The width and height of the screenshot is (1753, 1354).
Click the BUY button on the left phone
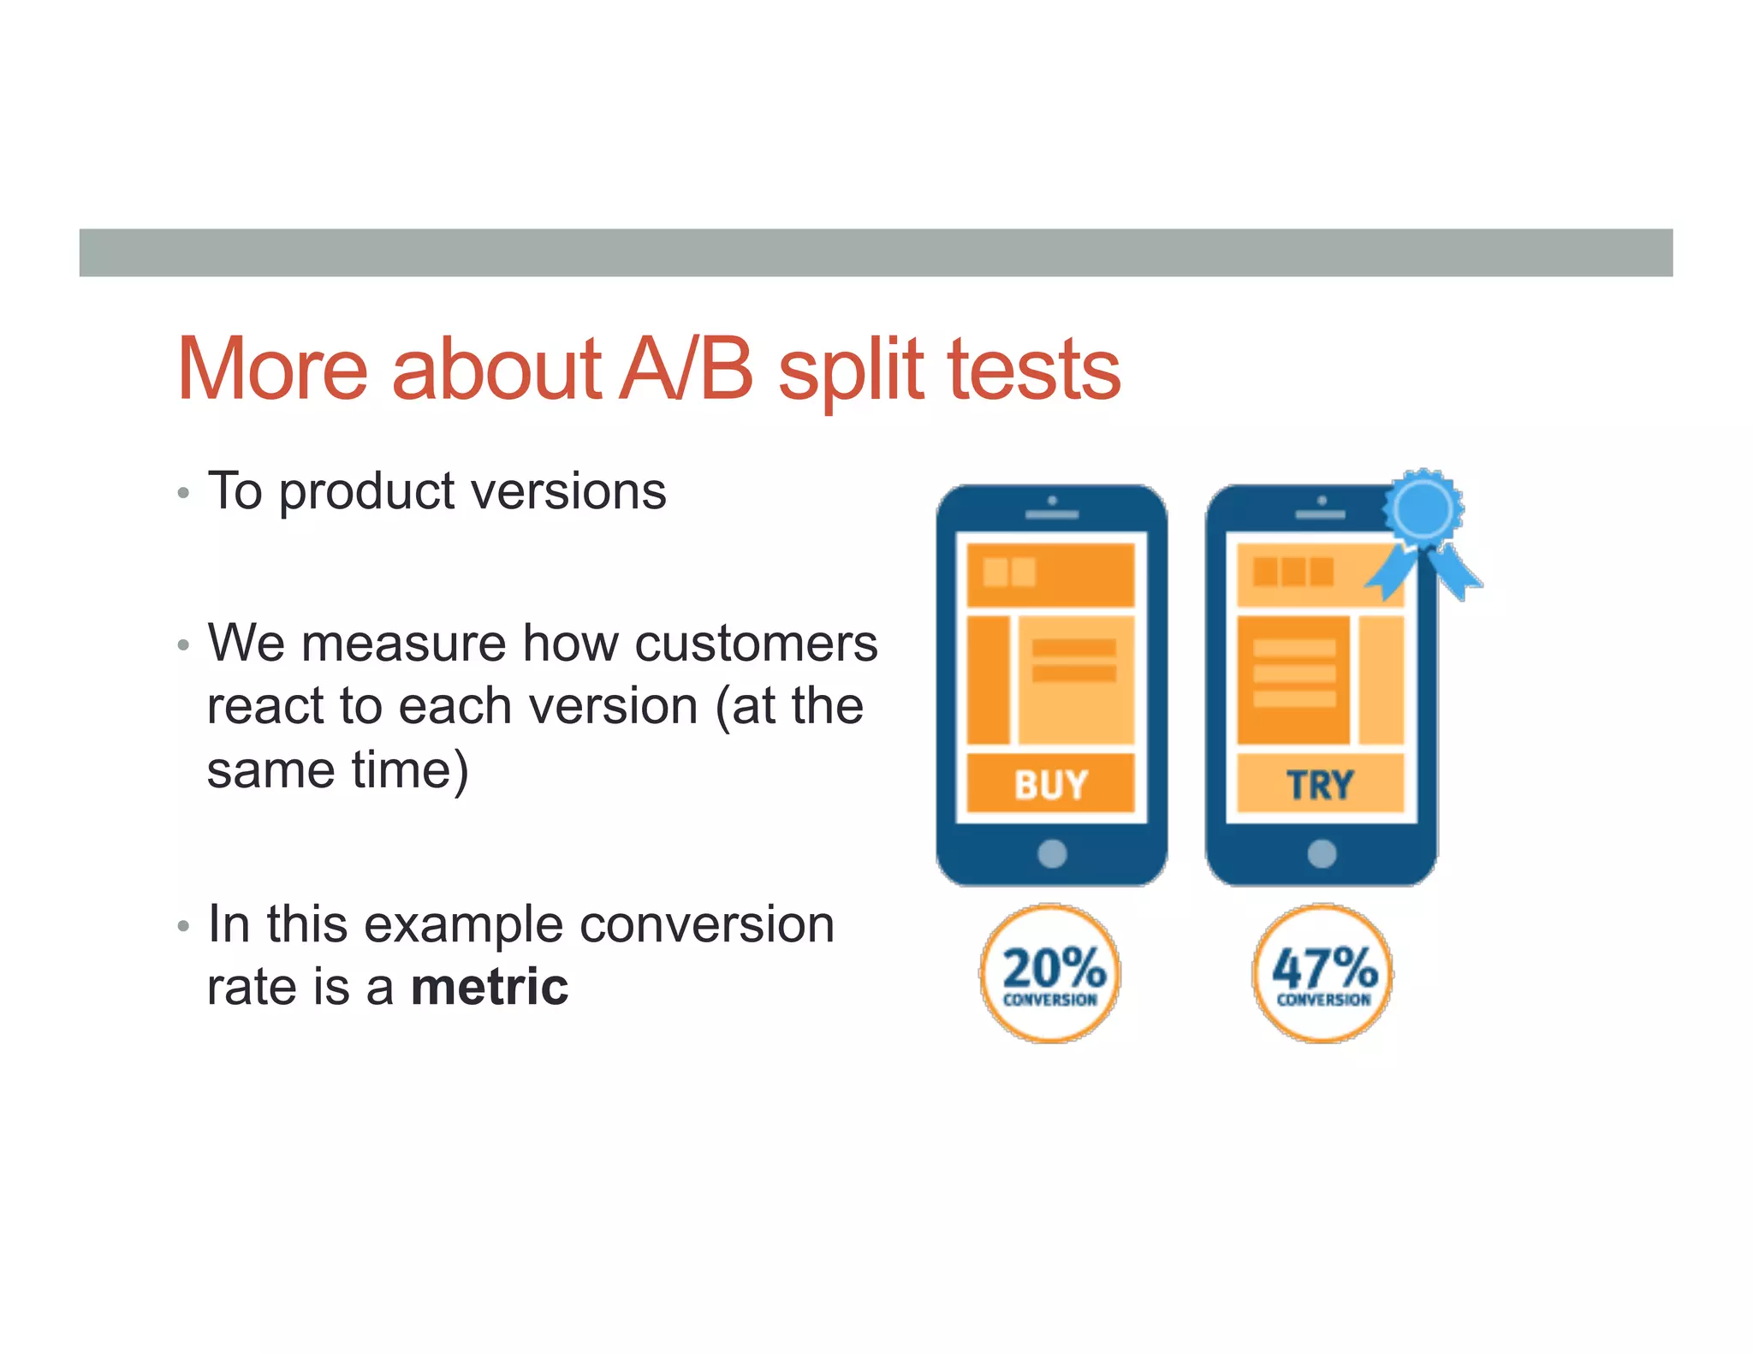pyautogui.click(x=1050, y=783)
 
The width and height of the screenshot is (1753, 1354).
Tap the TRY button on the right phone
pyautogui.click(x=1320, y=783)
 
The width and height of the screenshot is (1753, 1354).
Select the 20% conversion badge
pyautogui.click(x=1050, y=973)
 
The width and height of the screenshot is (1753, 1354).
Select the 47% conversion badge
pyautogui.click(x=1322, y=973)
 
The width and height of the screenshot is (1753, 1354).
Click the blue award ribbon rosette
pyautogui.click(x=1422, y=511)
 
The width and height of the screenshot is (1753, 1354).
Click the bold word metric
pyautogui.click(x=489, y=987)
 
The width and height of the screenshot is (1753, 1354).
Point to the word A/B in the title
pyautogui.click(x=685, y=370)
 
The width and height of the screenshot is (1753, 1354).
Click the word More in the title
pyautogui.click(x=272, y=370)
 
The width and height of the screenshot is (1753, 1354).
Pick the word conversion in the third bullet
pyautogui.click(x=706, y=924)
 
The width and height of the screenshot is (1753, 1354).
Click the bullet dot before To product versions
pyautogui.click(x=182, y=494)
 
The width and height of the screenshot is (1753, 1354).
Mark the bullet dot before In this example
pyautogui.click(x=182, y=926)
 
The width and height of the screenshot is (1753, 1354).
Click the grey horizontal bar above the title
pyautogui.click(x=876, y=252)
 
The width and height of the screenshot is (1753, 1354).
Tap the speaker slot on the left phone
pyautogui.click(x=1052, y=515)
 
